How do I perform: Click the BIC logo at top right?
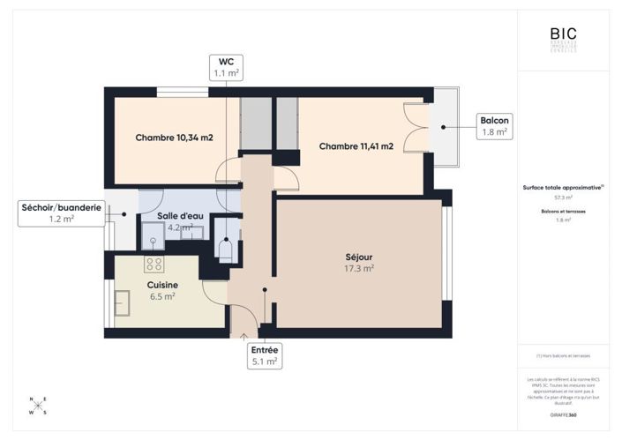pyautogui.click(x=563, y=40)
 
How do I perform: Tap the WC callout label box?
pyautogui.click(x=226, y=67)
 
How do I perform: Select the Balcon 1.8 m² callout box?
pyautogui.click(x=494, y=126)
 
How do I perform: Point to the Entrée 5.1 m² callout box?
pyautogui.click(x=266, y=355)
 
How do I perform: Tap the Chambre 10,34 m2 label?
pyautogui.click(x=174, y=138)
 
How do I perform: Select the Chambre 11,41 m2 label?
pyautogui.click(x=356, y=145)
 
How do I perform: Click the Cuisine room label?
pyautogui.click(x=162, y=285)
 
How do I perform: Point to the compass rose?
pyautogui.click(x=38, y=406)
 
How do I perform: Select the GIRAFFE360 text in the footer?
pyautogui.click(x=563, y=414)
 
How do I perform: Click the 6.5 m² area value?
pyautogui.click(x=162, y=297)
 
